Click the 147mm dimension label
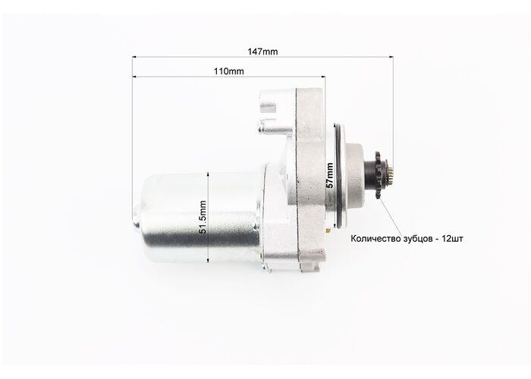click(262, 52)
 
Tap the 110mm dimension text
click(228, 71)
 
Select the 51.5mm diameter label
click(203, 217)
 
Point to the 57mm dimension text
click(329, 175)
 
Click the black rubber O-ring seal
click(338, 175)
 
